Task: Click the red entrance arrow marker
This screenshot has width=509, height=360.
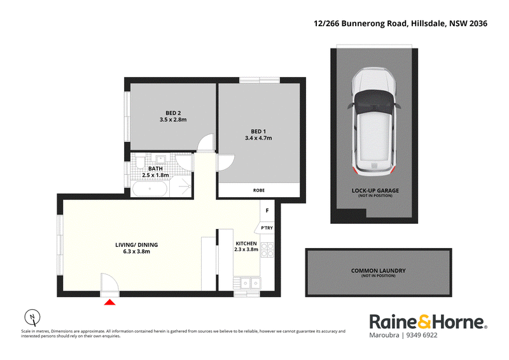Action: click(109, 302)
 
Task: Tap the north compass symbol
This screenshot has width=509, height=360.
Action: click(32, 317)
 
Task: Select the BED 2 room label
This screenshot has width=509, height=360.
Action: click(173, 113)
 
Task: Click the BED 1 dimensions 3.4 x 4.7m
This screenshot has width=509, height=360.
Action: click(258, 138)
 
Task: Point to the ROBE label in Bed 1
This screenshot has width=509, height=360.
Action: click(259, 190)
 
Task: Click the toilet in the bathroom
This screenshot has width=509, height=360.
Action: click(140, 162)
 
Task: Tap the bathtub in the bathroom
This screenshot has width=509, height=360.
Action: click(150, 189)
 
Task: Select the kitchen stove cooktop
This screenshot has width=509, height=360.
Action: click(267, 250)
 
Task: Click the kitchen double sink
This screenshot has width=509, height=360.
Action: click(251, 284)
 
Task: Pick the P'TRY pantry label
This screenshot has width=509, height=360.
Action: click(267, 228)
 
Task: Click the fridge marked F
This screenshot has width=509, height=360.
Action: click(267, 211)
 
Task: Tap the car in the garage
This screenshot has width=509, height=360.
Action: click(374, 121)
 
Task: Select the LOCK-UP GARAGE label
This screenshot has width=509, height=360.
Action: click(375, 191)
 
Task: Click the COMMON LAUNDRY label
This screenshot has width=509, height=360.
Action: click(378, 270)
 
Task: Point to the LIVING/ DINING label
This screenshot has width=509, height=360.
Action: click(136, 245)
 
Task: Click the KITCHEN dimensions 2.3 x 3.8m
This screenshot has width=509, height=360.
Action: click(246, 249)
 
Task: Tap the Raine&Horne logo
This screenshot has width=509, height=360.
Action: click(428, 322)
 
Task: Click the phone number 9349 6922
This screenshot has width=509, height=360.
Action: click(422, 335)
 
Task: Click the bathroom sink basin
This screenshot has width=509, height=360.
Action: click(160, 160)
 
